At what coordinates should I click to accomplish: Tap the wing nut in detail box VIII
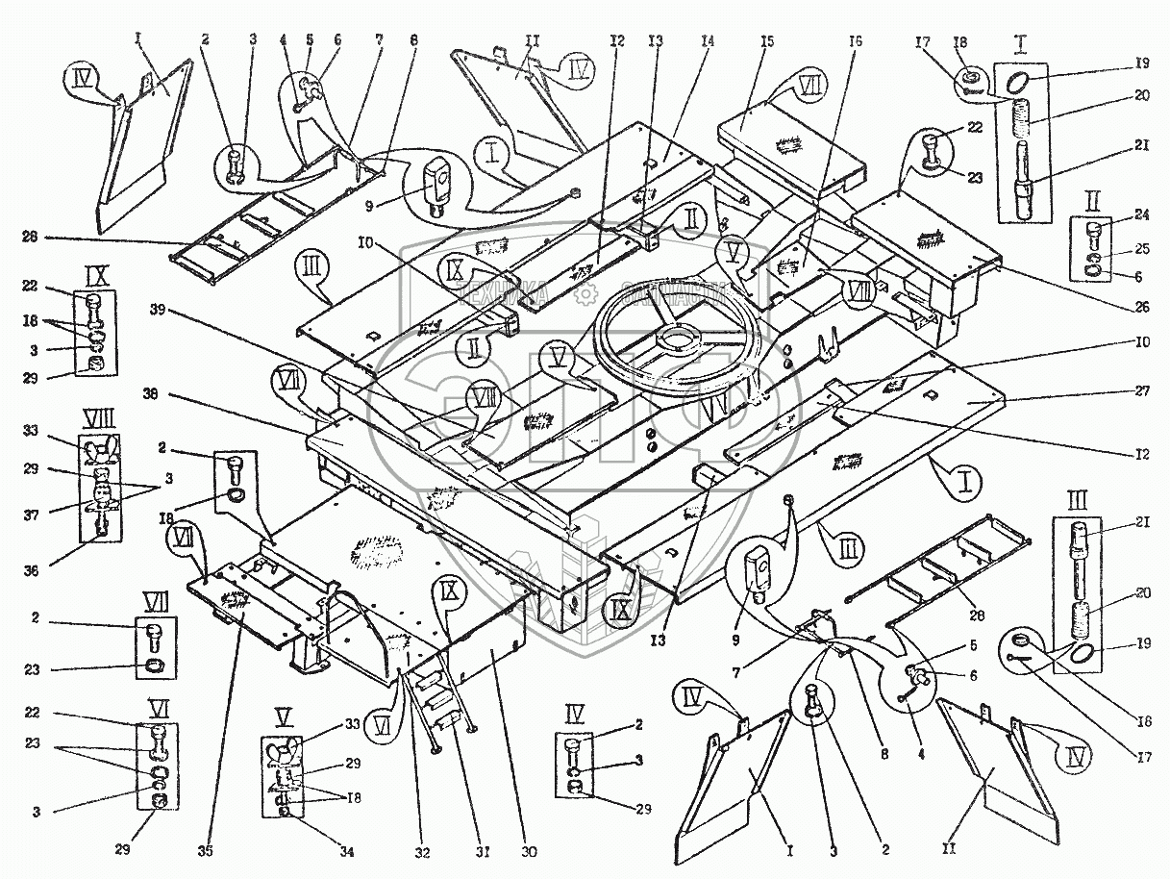[98, 449]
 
